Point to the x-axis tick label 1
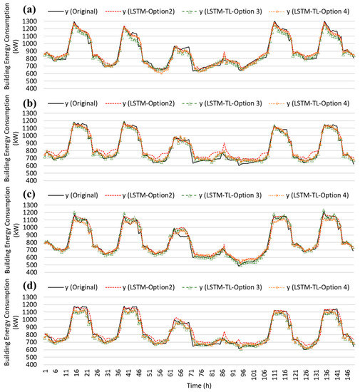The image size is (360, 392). pyautogui.click(x=45, y=371)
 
